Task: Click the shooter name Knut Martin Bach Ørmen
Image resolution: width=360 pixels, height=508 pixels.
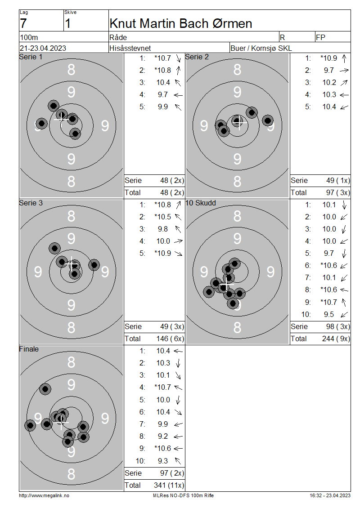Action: click(180, 24)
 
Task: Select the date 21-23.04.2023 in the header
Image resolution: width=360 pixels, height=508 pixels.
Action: click(43, 48)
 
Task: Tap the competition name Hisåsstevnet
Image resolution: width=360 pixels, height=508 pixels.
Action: click(130, 48)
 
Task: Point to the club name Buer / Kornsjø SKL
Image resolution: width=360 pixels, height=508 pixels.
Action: click(261, 48)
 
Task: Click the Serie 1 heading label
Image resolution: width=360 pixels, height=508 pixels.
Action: click(31, 57)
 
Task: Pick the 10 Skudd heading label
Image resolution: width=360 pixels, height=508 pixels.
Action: click(201, 203)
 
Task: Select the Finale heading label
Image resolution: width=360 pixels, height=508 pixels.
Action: click(29, 349)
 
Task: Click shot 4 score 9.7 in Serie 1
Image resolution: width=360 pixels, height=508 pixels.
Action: click(163, 94)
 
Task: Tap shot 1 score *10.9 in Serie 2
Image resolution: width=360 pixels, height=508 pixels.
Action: click(328, 58)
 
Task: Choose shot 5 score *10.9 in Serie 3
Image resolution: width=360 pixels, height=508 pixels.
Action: click(162, 254)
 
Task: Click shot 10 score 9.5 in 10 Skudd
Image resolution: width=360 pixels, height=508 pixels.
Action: click(328, 315)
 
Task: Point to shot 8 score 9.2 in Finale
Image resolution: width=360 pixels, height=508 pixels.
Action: click(163, 437)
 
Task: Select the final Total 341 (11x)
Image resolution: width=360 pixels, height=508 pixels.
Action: click(169, 486)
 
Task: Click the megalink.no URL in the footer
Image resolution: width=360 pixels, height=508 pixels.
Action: click(44, 495)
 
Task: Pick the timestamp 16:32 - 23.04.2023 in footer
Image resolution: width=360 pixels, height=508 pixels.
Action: click(330, 495)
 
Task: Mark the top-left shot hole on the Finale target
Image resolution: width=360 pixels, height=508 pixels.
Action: click(45, 389)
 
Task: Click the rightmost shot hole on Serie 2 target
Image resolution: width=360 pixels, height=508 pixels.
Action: click(268, 120)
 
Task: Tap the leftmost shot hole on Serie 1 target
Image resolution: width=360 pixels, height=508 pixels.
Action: click(41, 124)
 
